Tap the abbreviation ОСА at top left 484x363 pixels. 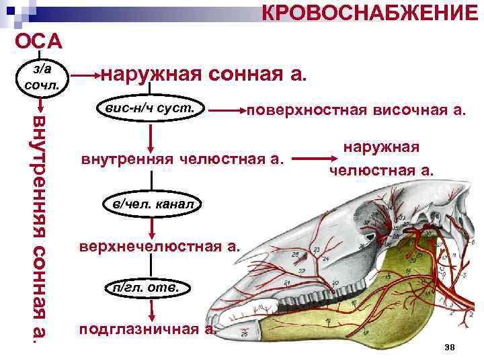point(39,41)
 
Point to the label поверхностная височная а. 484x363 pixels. point(356,110)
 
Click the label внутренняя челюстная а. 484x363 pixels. point(182,160)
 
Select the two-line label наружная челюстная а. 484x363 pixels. point(381,159)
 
